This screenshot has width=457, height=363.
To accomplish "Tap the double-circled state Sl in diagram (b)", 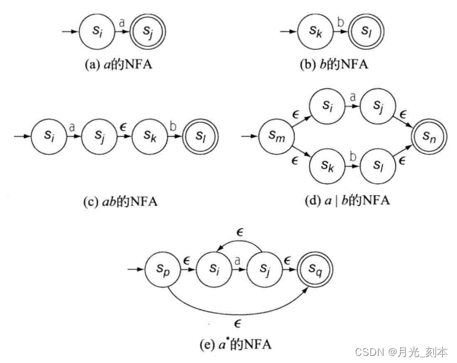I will coord(366,30).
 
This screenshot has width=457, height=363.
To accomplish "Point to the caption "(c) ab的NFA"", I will coord(120,201).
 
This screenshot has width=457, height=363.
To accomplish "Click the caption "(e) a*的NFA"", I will coord(237,342).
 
